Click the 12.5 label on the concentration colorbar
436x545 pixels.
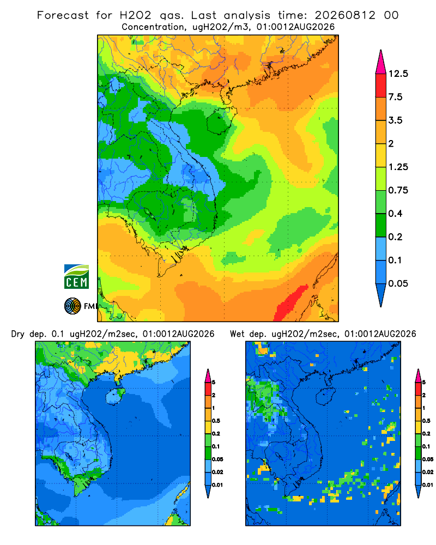point(398,74)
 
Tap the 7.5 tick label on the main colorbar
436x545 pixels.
point(395,97)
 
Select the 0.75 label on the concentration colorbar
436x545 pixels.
point(398,190)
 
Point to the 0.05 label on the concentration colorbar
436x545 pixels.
point(398,283)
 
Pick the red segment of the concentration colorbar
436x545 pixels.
point(381,86)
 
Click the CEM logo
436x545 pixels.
point(76,277)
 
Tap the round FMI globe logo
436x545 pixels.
point(72,306)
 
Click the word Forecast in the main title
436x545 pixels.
point(63,15)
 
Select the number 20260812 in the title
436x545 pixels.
point(345,15)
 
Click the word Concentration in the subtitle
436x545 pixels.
point(153,27)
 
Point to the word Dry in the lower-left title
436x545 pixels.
point(18,334)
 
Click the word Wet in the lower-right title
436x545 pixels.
point(237,334)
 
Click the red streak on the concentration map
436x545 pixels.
point(290,302)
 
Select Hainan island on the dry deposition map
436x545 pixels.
point(115,396)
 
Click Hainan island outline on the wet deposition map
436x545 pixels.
point(325,396)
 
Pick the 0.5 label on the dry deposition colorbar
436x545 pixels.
point(216,421)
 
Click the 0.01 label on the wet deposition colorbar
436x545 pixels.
point(428,485)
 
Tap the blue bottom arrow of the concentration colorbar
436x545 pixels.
point(381,295)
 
